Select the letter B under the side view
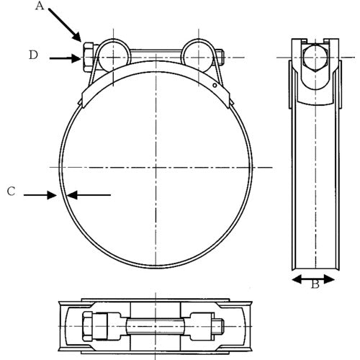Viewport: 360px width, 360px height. (x=315, y=284)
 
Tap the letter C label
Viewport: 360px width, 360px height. (x=11, y=191)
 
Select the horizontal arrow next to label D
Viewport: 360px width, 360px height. (x=63, y=58)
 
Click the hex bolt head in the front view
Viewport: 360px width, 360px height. (x=85, y=58)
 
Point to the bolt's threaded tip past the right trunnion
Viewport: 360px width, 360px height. (x=223, y=58)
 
